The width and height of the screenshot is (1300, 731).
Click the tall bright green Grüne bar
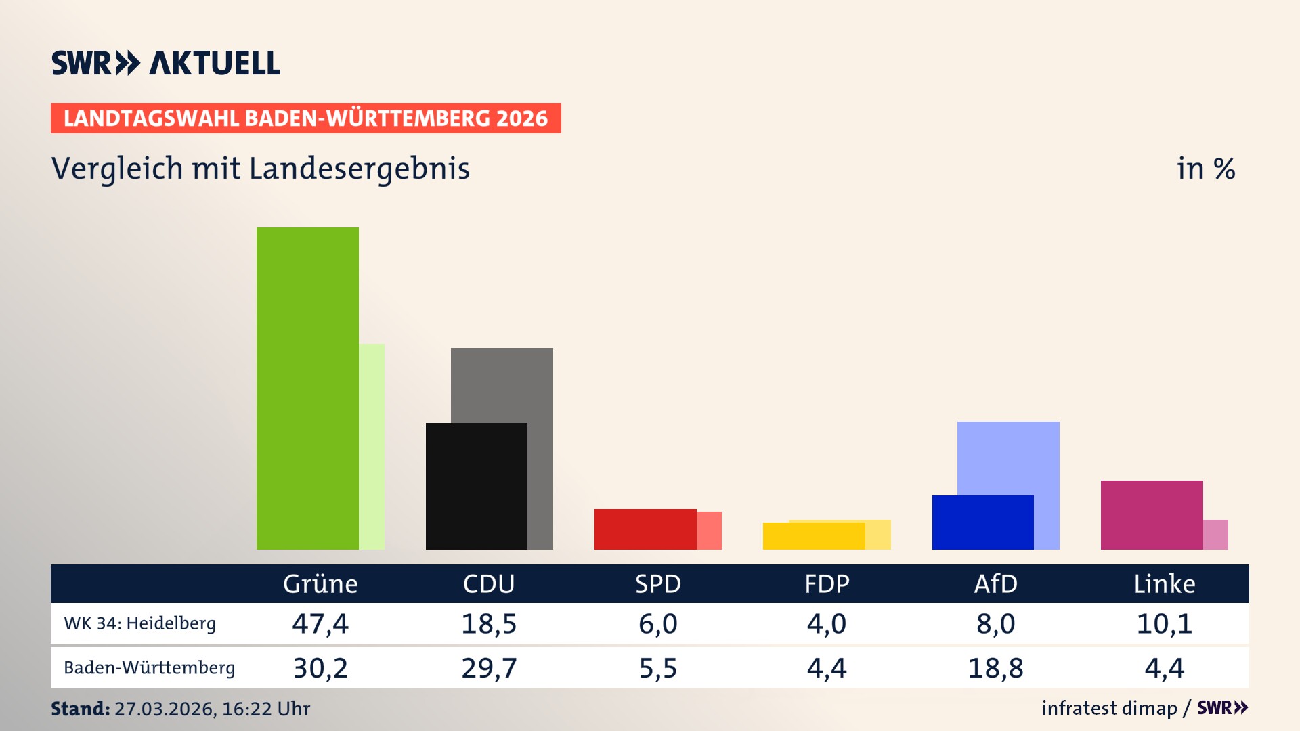coord(307,388)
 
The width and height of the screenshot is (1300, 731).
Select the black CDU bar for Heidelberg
coord(476,486)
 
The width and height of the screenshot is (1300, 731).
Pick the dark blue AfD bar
coord(982,522)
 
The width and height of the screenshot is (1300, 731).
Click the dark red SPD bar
coord(645,529)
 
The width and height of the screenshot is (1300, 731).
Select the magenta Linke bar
coord(1151,514)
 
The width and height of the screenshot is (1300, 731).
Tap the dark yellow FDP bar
coord(813,535)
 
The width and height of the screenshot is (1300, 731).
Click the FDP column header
coord(827,583)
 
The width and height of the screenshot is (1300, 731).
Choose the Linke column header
coord(1164,583)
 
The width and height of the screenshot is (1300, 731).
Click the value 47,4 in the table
coord(320,623)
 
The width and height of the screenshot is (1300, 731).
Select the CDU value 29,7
coord(489,668)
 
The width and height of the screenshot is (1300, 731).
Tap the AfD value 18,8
coord(995,668)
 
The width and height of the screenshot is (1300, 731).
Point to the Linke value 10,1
coord(1164,623)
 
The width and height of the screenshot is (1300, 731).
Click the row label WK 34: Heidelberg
coord(139,623)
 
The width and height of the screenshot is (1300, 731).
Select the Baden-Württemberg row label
coord(149,668)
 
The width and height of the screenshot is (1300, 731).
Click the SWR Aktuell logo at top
coord(165,63)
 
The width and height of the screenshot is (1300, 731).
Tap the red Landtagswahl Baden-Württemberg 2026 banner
coord(305,118)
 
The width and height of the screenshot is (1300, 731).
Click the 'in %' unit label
coord(1205,169)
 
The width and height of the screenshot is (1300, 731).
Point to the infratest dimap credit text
coord(1109,708)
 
